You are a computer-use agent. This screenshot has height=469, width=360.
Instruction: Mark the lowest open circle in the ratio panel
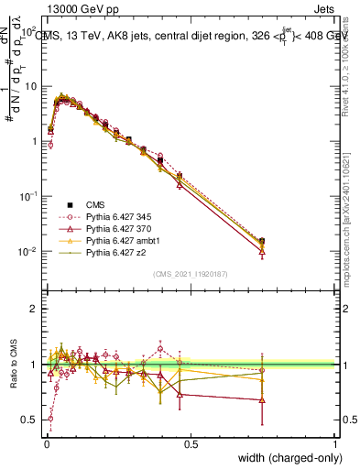click(50, 418)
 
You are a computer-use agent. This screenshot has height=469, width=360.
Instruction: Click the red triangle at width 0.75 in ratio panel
click(263, 400)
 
